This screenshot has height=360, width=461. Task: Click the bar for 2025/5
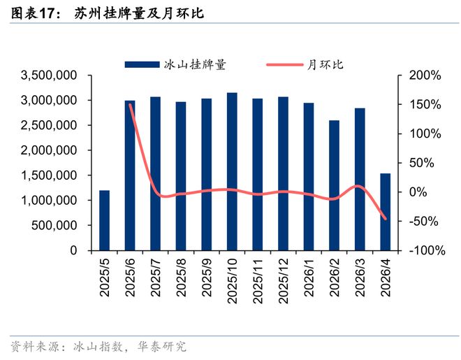pos(104,220)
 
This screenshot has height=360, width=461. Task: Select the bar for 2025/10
pos(232,171)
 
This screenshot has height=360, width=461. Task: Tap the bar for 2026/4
pos(385,212)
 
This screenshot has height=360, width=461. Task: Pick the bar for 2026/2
pos(334,185)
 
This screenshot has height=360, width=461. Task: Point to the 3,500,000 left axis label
pos(49,75)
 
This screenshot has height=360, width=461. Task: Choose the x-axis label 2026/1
pos(309,278)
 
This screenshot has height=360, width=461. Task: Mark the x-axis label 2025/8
pos(181,278)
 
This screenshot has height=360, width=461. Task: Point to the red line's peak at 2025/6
pos(130,105)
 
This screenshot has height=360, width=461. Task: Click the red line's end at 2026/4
pos(385,218)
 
